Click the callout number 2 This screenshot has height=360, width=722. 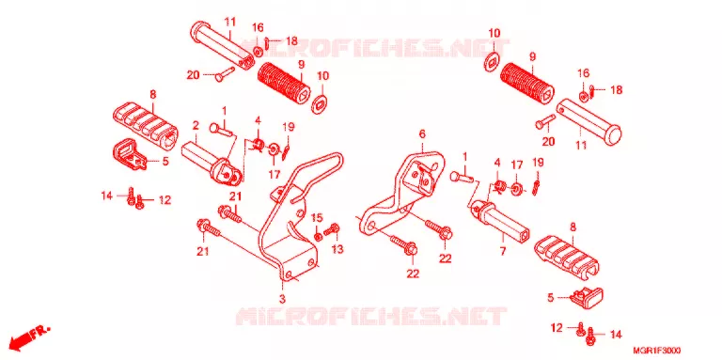[x=196, y=125]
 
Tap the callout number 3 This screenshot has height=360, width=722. [x=282, y=299]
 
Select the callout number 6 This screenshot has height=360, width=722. [x=422, y=134]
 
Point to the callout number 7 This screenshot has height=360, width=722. [x=502, y=251]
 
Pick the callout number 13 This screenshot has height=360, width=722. [x=337, y=249]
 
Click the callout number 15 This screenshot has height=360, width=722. [x=317, y=217]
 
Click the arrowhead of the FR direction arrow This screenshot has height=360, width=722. [x=15, y=344]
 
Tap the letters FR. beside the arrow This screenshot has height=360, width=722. [x=41, y=333]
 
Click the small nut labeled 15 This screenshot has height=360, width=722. [x=318, y=237]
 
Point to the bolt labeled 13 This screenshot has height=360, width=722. [x=332, y=229]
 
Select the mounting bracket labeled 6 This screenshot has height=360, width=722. [x=400, y=193]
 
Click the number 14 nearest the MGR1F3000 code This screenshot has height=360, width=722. [x=616, y=335]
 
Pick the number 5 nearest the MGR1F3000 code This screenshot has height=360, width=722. [x=550, y=298]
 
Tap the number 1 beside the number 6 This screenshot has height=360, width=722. [x=464, y=157]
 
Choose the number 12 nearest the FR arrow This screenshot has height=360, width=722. [x=165, y=200]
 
